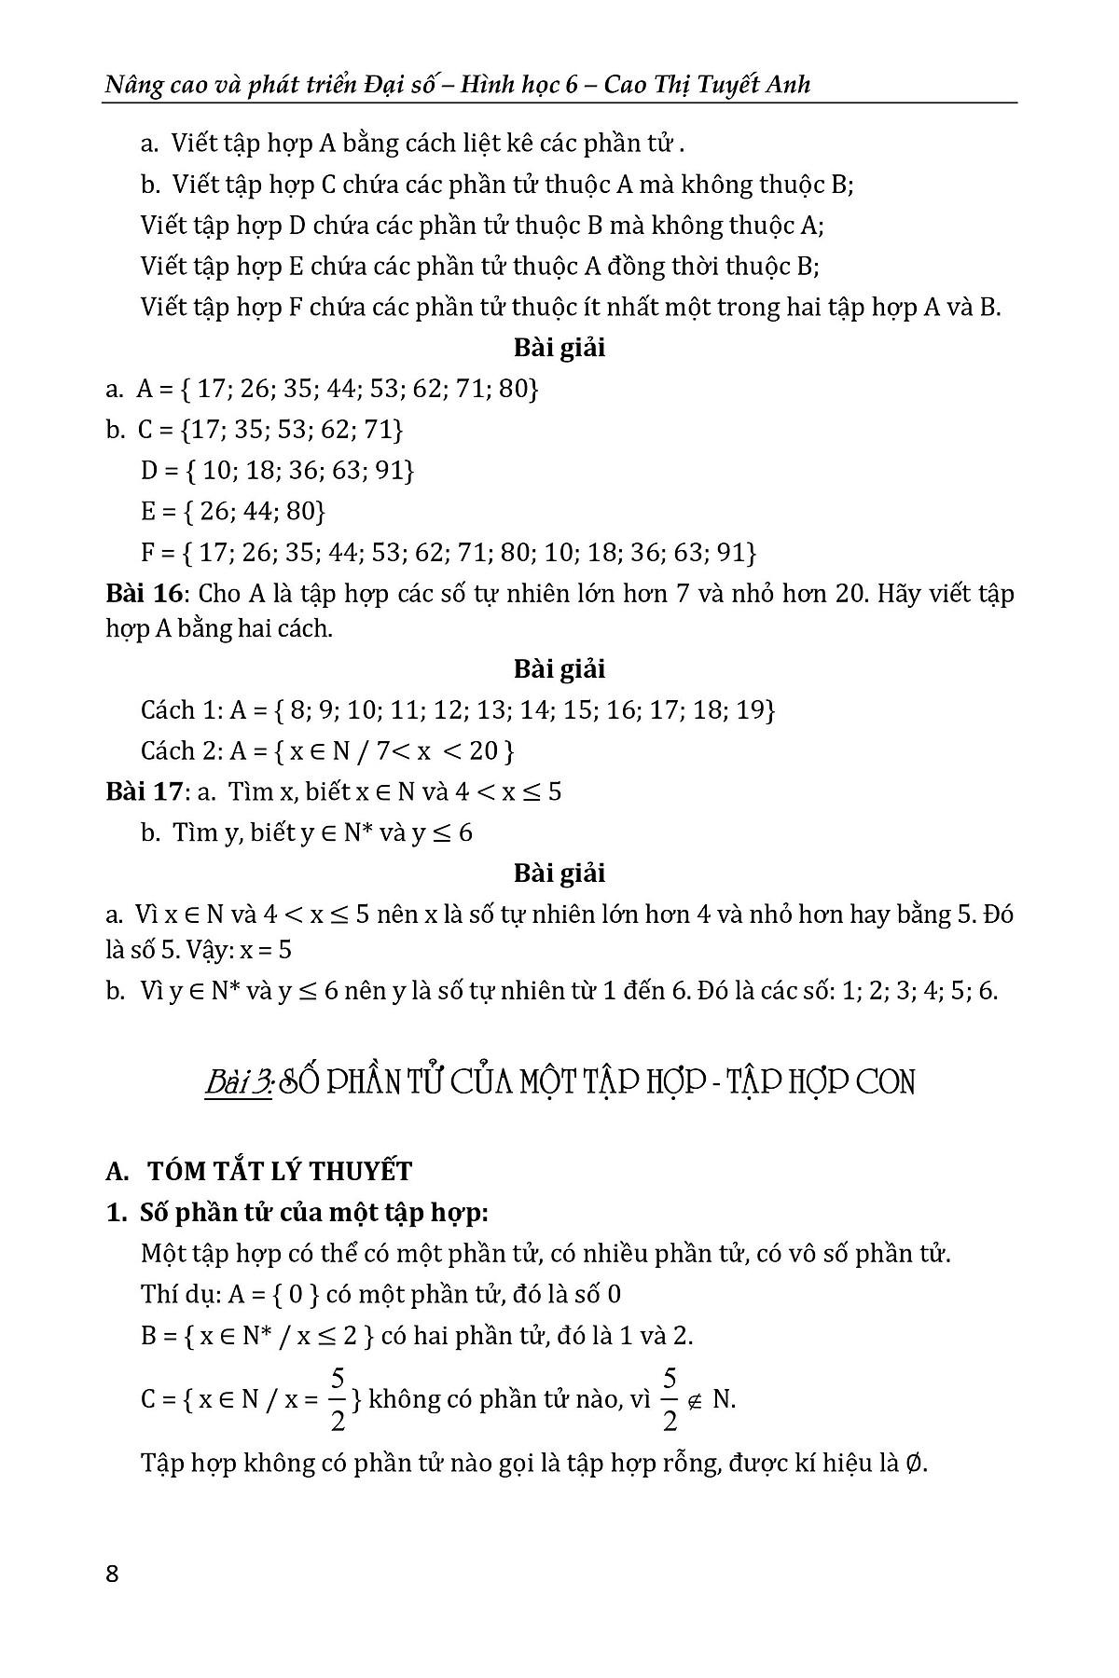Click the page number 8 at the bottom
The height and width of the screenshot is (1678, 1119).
pyautogui.click(x=113, y=1575)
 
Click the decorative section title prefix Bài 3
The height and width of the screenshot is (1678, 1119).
pyautogui.click(x=238, y=1082)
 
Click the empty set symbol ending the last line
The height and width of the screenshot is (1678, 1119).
pyautogui.click(x=917, y=1464)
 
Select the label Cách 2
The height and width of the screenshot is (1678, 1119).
pyautogui.click(x=181, y=750)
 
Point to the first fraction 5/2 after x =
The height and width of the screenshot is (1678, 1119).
pyautogui.click(x=338, y=1399)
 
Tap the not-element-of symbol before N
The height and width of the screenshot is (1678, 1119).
pyautogui.click(x=695, y=1401)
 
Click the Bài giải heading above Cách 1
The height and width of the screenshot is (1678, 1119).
pyautogui.click(x=559, y=668)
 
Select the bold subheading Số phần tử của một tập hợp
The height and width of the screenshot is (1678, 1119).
pyautogui.click(x=313, y=1213)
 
